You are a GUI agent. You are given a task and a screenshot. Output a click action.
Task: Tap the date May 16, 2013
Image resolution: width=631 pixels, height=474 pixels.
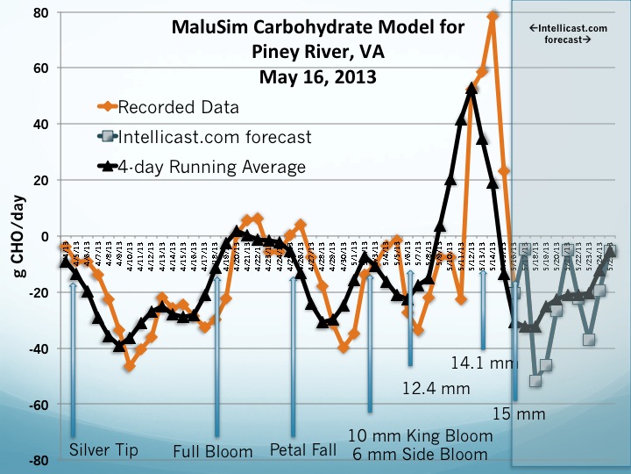coord(317,76)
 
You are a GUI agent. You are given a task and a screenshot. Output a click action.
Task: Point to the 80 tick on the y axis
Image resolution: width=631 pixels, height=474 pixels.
coord(40,12)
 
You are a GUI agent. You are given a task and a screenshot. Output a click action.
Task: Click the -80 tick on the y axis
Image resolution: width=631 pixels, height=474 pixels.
coord(39,461)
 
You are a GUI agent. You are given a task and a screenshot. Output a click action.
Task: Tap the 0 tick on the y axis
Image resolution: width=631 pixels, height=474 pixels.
coord(46,236)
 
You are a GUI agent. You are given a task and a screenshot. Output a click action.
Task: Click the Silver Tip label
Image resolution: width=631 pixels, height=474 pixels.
coord(103,451)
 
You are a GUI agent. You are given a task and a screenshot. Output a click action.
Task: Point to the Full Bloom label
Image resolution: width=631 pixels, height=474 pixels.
coord(214,452)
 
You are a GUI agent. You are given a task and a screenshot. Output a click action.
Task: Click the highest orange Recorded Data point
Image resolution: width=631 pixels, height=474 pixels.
coord(493,16)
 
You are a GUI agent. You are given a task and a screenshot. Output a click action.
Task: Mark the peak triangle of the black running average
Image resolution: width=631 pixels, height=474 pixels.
coord(471,88)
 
